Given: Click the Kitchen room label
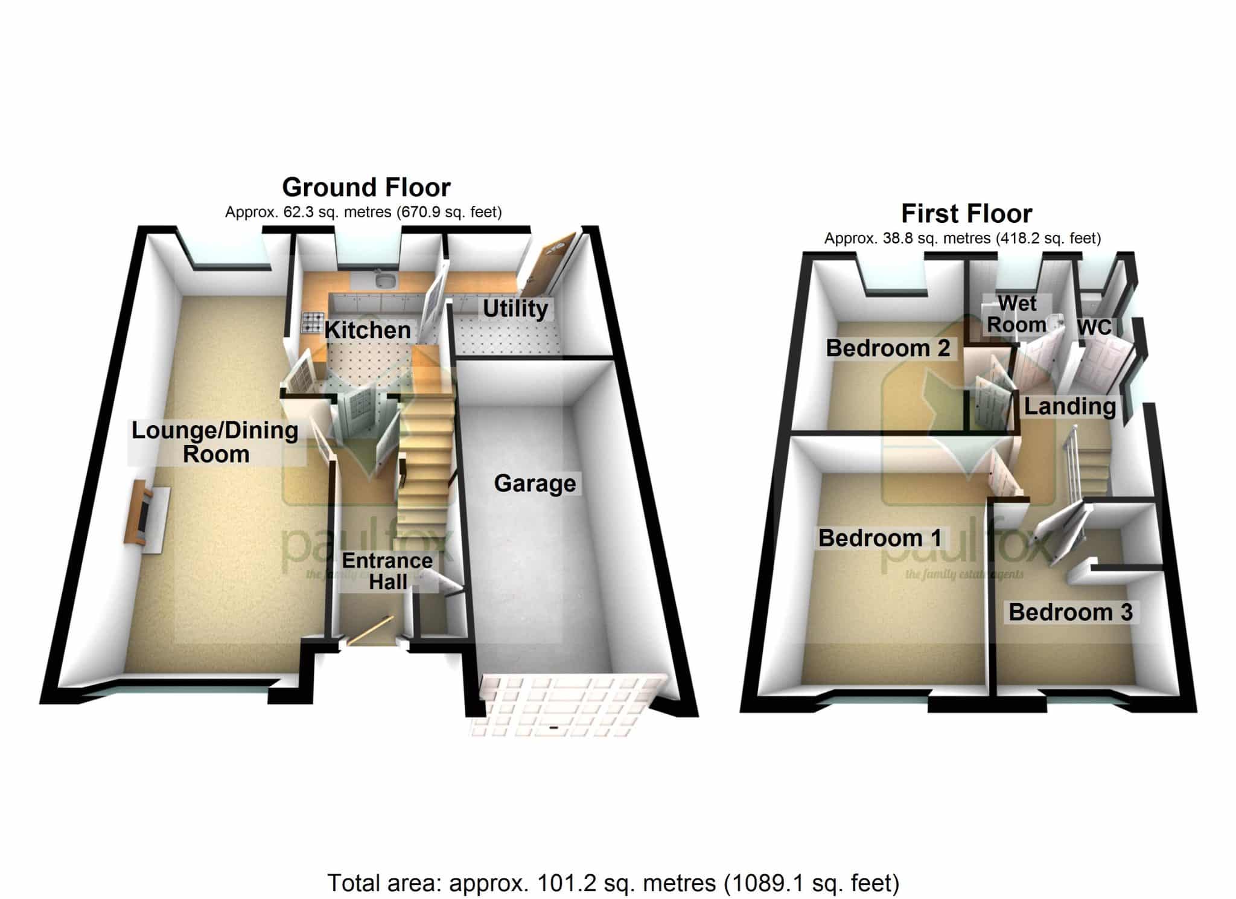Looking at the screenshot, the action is (x=368, y=330).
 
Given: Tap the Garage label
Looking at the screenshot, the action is (x=535, y=484).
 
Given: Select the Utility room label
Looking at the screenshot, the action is (x=515, y=309).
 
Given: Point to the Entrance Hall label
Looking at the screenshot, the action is (x=387, y=571).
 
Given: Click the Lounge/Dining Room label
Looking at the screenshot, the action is (x=215, y=442).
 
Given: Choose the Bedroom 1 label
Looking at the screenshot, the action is (x=880, y=538).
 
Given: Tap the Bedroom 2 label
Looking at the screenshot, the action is (x=888, y=348).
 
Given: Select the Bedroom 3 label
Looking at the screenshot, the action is (x=1071, y=612).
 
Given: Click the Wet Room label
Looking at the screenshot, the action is (x=1017, y=314).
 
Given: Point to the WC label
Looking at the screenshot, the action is (x=1094, y=327).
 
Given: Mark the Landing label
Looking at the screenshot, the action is (x=1070, y=407).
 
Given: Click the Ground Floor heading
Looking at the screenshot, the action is (x=366, y=188).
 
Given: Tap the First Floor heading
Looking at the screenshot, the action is (x=967, y=214).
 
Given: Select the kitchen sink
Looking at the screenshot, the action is (x=383, y=280).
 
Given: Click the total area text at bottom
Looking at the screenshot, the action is (x=613, y=883).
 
